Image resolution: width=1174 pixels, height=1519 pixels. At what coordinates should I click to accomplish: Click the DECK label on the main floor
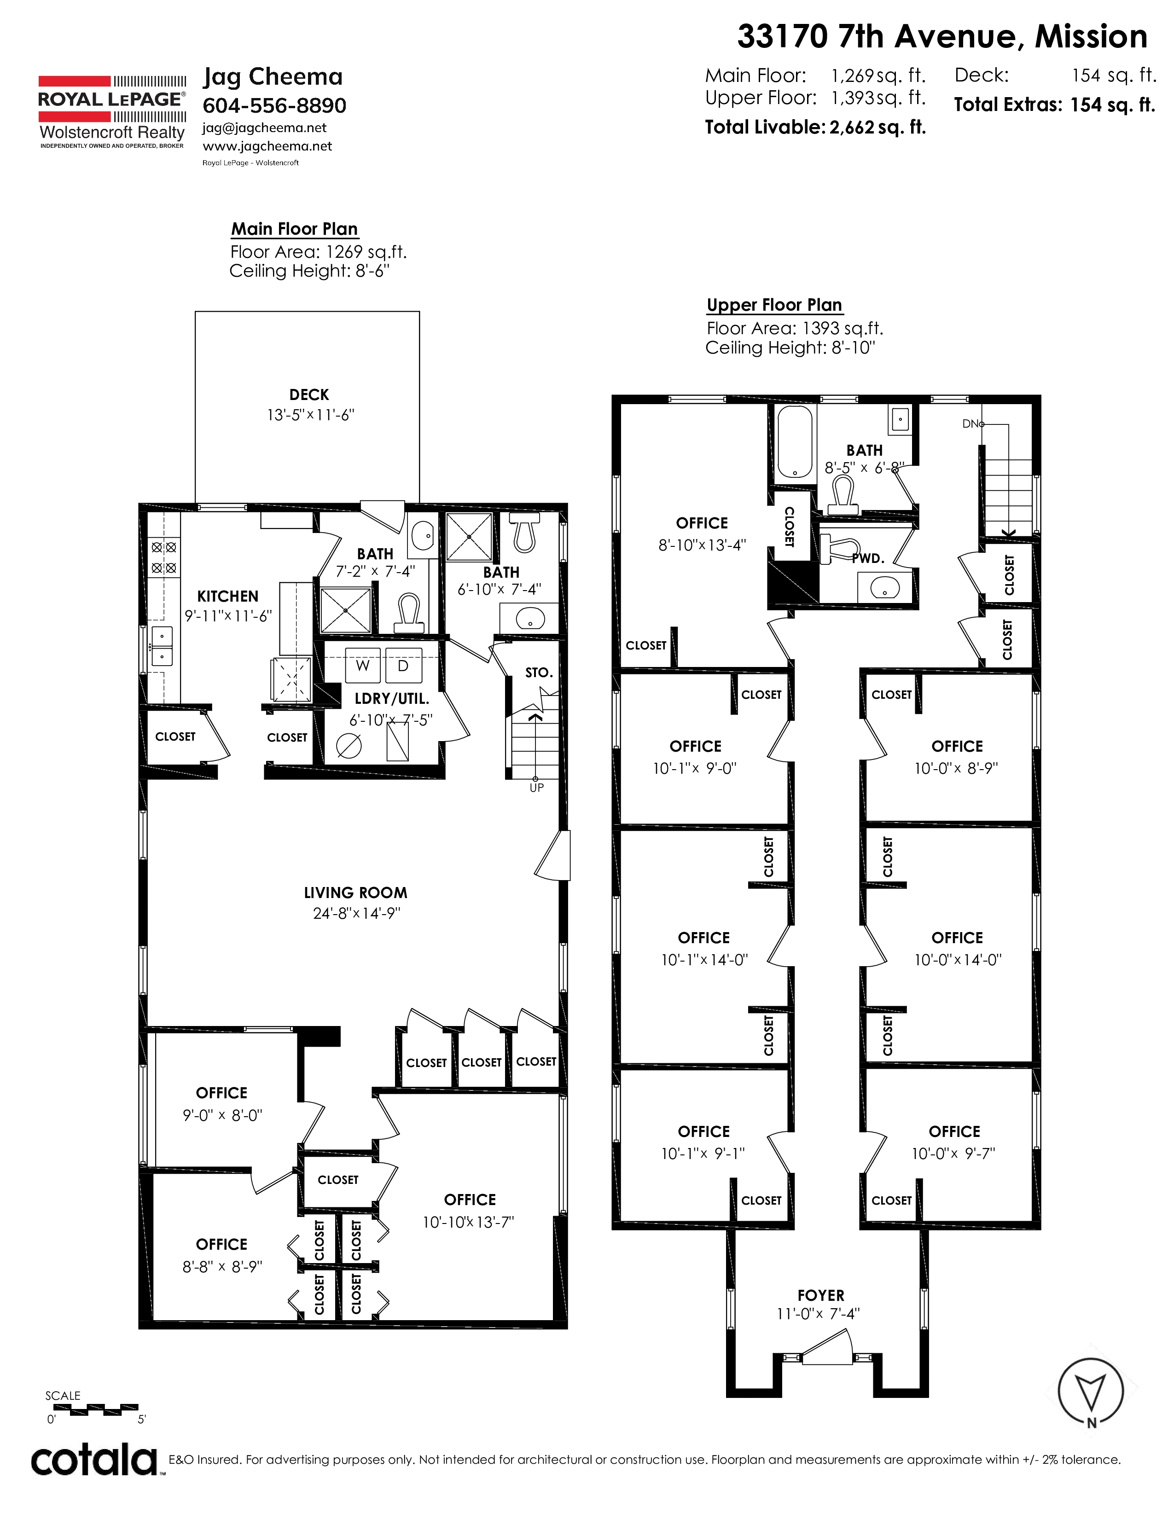coord(309,395)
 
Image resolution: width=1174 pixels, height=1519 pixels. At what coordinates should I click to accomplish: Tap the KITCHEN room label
coord(227,597)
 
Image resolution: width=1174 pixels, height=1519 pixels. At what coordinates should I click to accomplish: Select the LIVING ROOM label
coord(355,893)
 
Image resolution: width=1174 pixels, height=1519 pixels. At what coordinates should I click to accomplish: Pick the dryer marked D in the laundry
coord(403,666)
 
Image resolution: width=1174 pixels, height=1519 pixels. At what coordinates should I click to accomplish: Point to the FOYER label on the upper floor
coord(821,1296)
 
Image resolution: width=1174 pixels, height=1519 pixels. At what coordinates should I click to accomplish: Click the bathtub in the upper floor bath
coord(794,442)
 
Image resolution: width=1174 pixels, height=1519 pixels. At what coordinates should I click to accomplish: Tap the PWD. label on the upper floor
coord(868,558)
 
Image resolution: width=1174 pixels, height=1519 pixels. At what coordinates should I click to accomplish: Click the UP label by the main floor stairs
coord(536,788)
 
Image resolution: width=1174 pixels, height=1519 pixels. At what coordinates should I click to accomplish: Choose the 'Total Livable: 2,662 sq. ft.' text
coord(815,128)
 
